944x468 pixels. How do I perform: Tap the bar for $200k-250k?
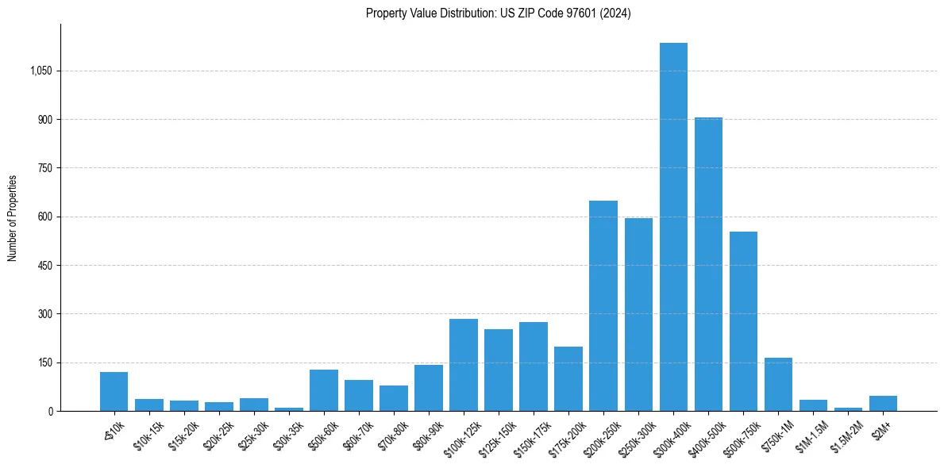click(x=603, y=306)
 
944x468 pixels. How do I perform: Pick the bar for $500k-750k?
click(x=743, y=321)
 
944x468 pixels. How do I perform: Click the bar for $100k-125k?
click(x=464, y=365)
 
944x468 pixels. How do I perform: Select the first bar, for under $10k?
click(x=114, y=392)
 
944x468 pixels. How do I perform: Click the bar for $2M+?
click(x=883, y=403)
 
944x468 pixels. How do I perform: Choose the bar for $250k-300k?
click(x=638, y=315)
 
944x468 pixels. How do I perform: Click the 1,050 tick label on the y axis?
click(x=40, y=71)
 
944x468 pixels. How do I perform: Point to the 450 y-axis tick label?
click(x=44, y=266)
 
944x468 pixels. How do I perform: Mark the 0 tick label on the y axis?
click(x=49, y=412)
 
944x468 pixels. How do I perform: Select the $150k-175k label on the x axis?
click(x=530, y=435)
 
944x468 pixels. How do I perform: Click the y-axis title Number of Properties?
click(x=13, y=218)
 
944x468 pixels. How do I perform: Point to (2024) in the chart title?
click(x=616, y=13)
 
